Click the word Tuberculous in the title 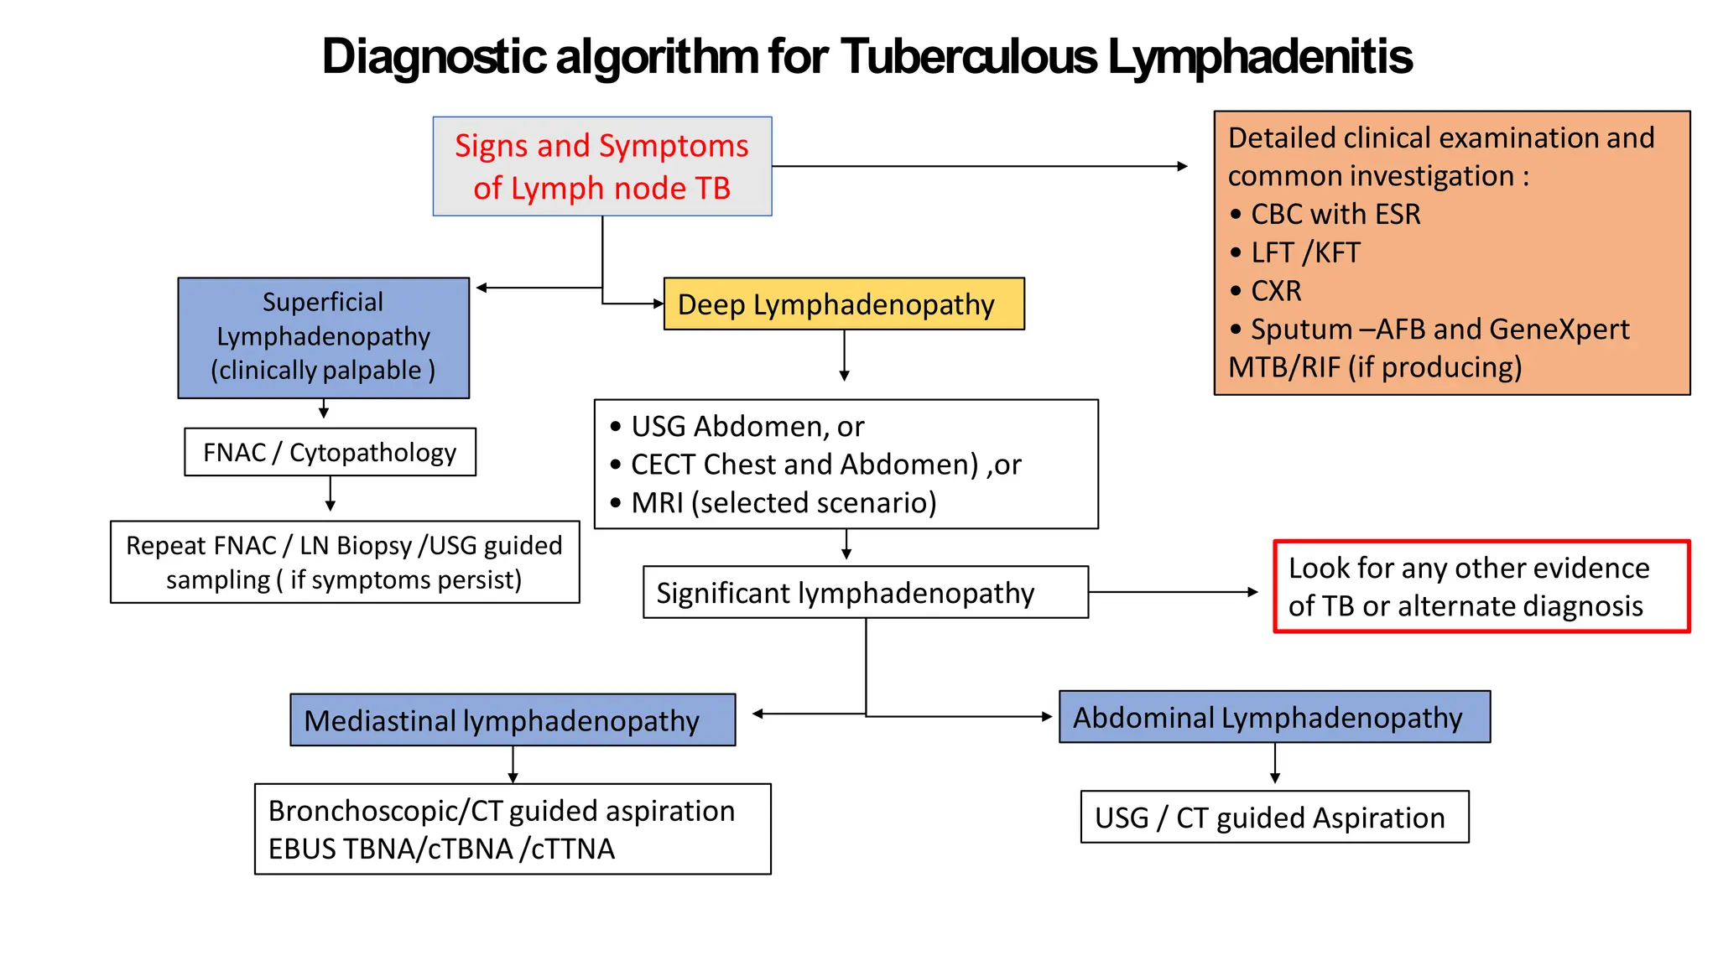pyautogui.click(x=968, y=57)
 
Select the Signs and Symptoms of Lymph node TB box pyautogui.click(x=601, y=167)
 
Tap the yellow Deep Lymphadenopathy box pyautogui.click(x=843, y=304)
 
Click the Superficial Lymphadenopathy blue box pyautogui.click(x=323, y=337)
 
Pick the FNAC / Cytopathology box pyautogui.click(x=330, y=453)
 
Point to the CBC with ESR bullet pyautogui.click(x=1335, y=215)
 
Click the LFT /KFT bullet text pyautogui.click(x=1305, y=252)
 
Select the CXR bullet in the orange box pyautogui.click(x=1276, y=291)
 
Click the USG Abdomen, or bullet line pyautogui.click(x=747, y=427)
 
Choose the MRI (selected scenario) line pyautogui.click(x=783, y=503)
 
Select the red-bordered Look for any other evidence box pyautogui.click(x=1481, y=587)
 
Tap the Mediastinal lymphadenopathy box pyautogui.click(x=513, y=720)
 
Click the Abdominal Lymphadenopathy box pyautogui.click(x=1273, y=718)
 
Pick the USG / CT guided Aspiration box pyautogui.click(x=1273, y=818)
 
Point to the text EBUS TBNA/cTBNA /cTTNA pyautogui.click(x=441, y=849)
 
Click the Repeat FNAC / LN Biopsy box pyautogui.click(x=344, y=563)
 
